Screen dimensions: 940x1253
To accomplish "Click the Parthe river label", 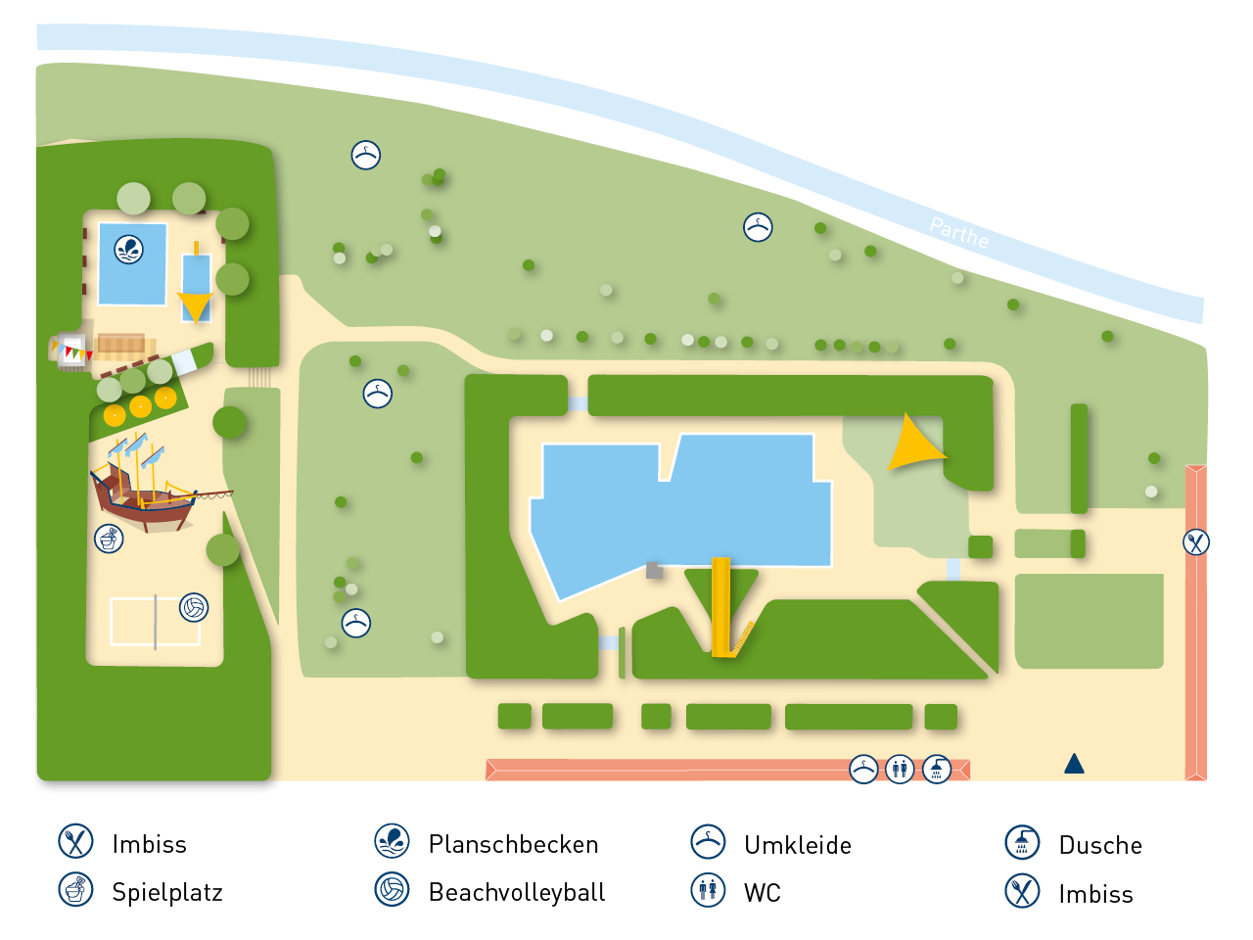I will click(959, 233).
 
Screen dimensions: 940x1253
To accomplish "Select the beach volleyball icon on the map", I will click(194, 608).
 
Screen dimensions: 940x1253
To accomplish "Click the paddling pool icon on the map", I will click(129, 249).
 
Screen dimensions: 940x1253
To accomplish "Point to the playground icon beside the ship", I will click(109, 539).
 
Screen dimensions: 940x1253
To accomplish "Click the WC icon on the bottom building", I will click(900, 770).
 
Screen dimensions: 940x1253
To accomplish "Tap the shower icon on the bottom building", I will click(937, 770).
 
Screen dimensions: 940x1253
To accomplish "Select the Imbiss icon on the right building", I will click(1196, 541).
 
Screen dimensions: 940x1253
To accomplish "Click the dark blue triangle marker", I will click(1074, 764).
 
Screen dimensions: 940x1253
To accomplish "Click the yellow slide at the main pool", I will click(721, 607).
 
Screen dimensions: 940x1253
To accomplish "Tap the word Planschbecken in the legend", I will click(513, 844).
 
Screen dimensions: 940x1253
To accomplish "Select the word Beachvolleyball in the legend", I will click(517, 892).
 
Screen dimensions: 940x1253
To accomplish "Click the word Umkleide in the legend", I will click(798, 845).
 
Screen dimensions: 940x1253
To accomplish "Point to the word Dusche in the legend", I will click(1100, 845).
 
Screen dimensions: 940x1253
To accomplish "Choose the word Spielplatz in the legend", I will click(167, 892).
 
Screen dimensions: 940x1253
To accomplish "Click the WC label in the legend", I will click(763, 893).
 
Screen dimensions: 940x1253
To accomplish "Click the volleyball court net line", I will click(155, 622).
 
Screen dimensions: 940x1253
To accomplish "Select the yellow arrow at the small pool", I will click(195, 306).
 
